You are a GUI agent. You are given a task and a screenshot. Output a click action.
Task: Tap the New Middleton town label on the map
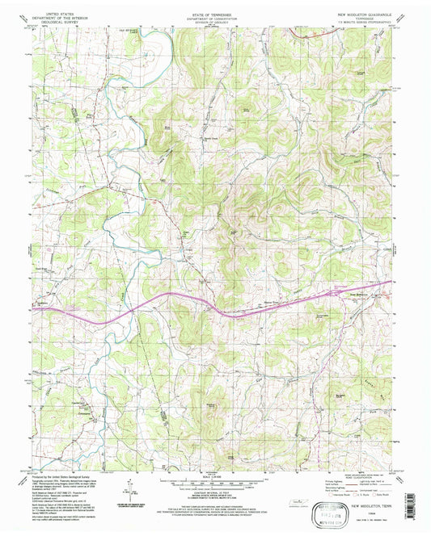tap(337, 293)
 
